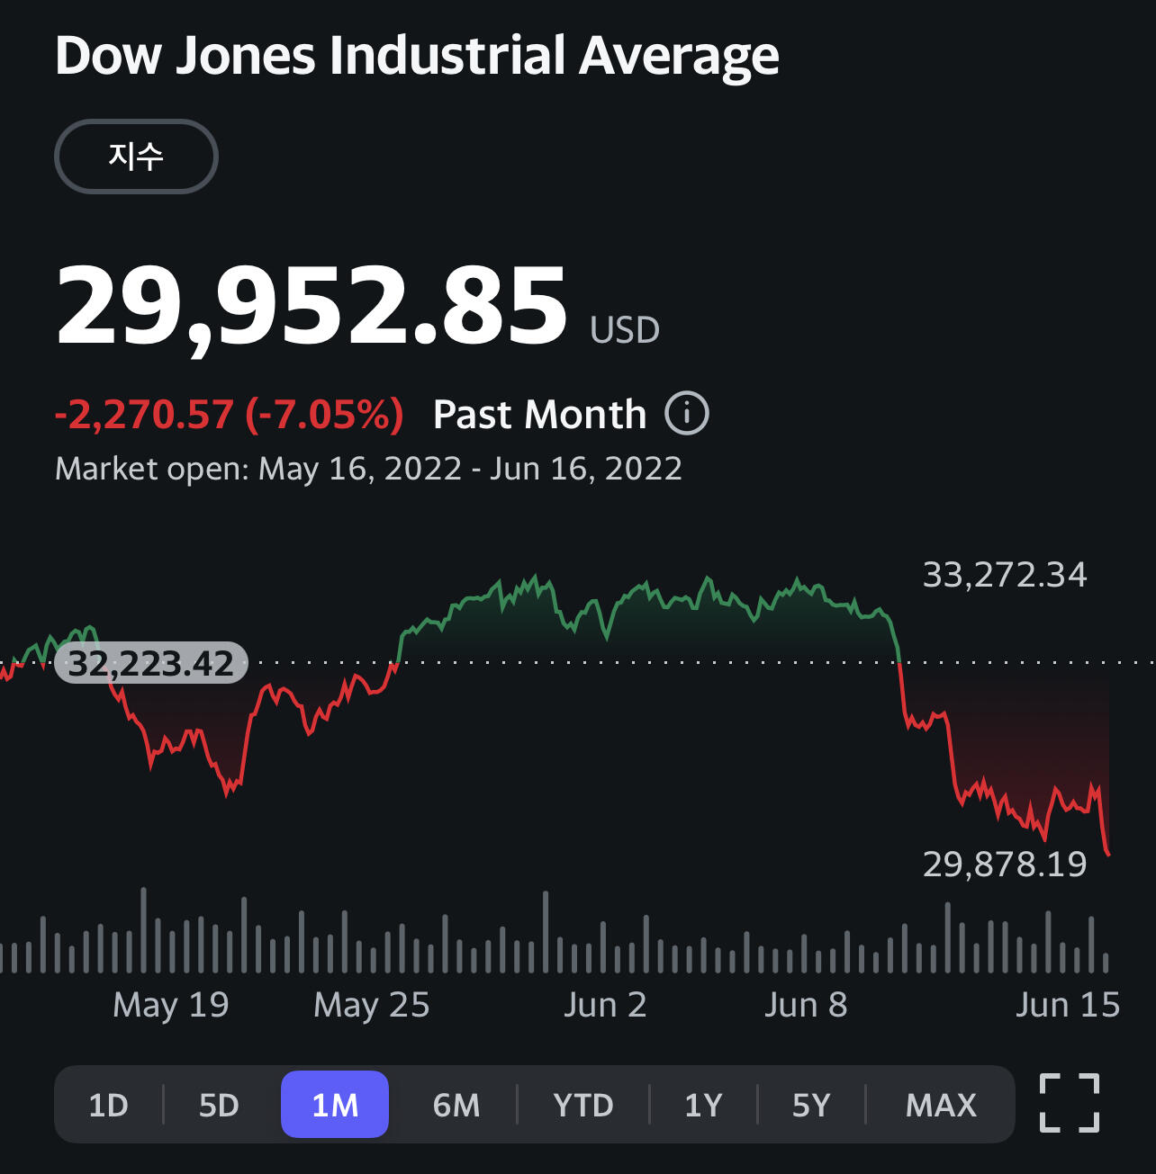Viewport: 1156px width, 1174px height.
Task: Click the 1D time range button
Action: click(x=109, y=1105)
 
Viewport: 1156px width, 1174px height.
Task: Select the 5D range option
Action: click(x=219, y=1105)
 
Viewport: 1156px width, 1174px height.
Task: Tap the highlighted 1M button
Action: click(x=335, y=1105)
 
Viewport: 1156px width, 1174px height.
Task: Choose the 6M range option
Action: click(x=456, y=1105)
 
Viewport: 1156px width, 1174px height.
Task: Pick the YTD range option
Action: click(x=583, y=1105)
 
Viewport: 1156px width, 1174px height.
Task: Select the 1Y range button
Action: click(x=703, y=1105)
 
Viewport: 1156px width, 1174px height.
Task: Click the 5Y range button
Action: click(x=811, y=1105)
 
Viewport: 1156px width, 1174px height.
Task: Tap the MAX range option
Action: click(x=941, y=1105)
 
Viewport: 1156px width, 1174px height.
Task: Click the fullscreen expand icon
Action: click(x=1070, y=1103)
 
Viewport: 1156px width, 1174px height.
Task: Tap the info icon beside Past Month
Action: click(x=687, y=414)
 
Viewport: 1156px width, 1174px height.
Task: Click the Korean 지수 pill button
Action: click(x=136, y=157)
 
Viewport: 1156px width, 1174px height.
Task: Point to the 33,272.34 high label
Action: click(x=1005, y=575)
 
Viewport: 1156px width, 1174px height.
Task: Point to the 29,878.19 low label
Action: click(x=1005, y=865)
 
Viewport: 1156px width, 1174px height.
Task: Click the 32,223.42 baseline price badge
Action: click(x=151, y=664)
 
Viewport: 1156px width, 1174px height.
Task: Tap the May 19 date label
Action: click(x=171, y=1005)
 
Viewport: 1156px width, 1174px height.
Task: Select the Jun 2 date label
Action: click(x=605, y=1005)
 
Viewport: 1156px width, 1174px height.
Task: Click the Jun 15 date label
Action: click(x=1068, y=1005)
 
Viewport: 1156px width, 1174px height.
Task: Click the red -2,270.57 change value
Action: click(x=144, y=415)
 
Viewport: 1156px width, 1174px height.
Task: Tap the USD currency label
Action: click(x=625, y=330)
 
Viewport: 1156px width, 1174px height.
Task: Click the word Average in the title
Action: click(x=679, y=56)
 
